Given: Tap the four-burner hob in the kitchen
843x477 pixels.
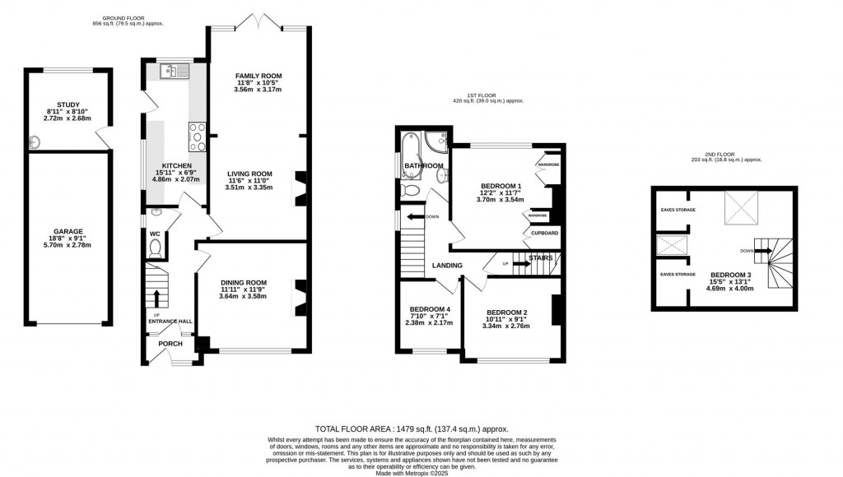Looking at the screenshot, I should tap(198, 137).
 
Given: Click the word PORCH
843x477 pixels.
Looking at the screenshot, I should tap(169, 344).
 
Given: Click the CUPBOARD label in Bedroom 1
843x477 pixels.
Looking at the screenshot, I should tap(544, 233).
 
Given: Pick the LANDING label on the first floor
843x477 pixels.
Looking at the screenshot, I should tap(446, 265).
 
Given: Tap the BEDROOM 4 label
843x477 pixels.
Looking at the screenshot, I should tap(430, 309).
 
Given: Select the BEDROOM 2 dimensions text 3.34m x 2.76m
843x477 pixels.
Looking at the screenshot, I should tap(506, 326).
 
